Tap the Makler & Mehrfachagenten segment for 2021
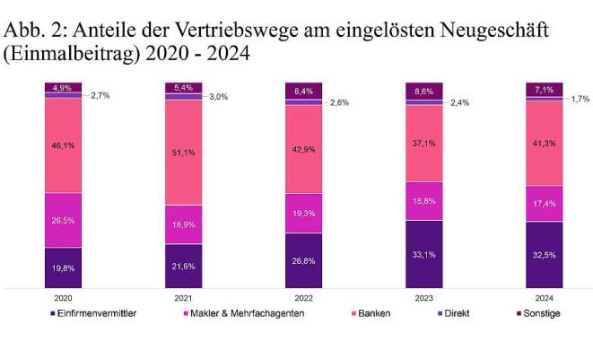(183, 224)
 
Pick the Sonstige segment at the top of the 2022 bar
(303, 90)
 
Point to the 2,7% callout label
(101, 94)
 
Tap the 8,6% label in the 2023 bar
(423, 91)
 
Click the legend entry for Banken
(374, 313)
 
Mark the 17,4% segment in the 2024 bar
(544, 204)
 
